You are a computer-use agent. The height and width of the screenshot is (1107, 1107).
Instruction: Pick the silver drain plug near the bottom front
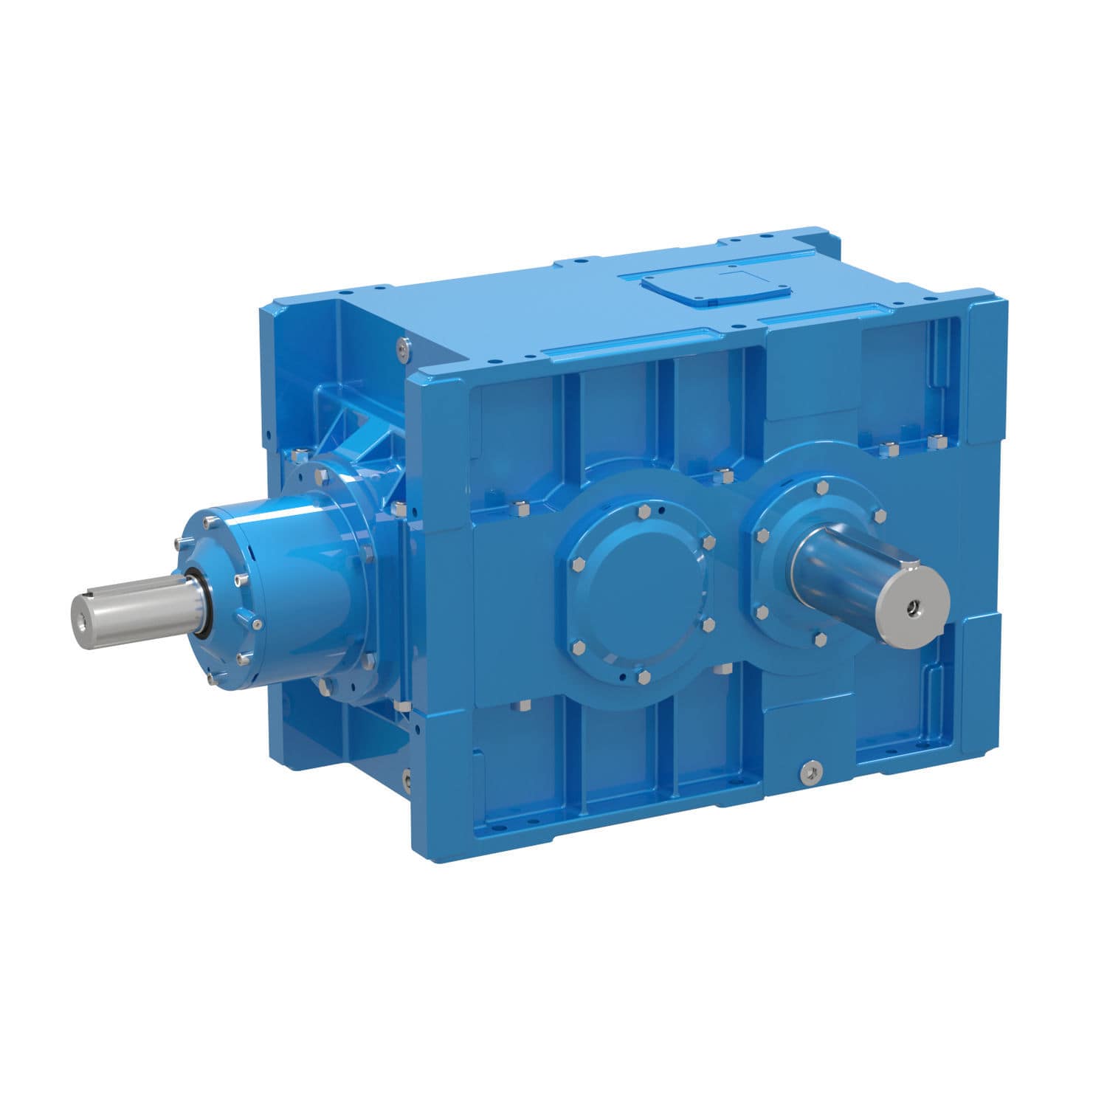(810, 771)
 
